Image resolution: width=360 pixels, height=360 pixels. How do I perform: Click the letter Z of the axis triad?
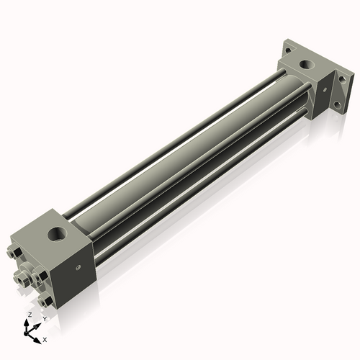[29, 315]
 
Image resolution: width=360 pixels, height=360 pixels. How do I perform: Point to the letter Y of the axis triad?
[45, 318]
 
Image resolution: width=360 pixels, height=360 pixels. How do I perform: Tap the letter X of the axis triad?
[45, 338]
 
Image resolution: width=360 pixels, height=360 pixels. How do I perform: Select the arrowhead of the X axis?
[39, 337]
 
